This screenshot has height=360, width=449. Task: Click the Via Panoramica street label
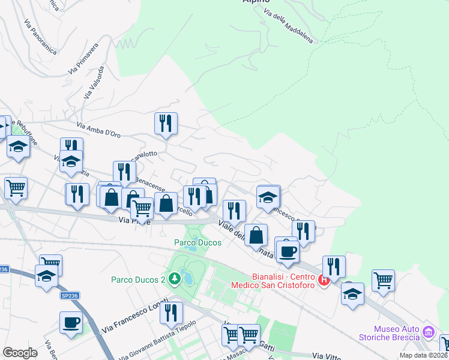coord(41,37)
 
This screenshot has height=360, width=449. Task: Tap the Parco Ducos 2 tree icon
coord(174,278)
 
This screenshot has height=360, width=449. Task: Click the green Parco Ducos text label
coord(198,242)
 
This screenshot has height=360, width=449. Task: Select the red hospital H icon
coord(324,280)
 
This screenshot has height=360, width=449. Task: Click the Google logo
coord(20,352)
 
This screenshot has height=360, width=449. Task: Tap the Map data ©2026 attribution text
coord(424,355)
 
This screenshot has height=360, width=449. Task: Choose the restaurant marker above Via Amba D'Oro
coord(166,123)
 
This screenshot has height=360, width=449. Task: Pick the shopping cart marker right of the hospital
coord(382,279)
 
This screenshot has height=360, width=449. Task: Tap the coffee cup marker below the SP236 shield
coord(71,322)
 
